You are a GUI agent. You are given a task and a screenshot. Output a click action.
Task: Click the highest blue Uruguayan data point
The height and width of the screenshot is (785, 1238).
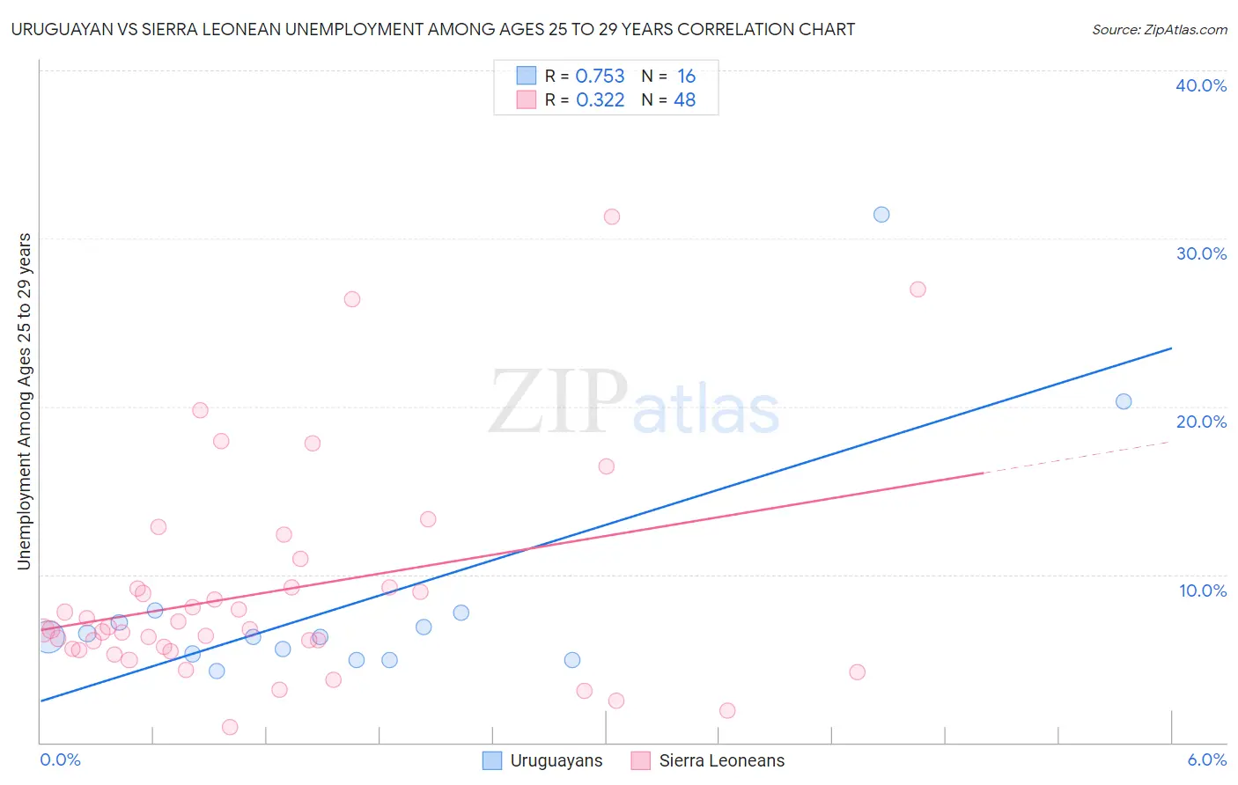coord(881,215)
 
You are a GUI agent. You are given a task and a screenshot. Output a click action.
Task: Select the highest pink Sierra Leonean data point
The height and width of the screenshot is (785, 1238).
coord(612,216)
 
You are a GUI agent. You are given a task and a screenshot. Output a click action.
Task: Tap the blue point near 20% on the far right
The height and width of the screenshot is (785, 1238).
coord(1124,401)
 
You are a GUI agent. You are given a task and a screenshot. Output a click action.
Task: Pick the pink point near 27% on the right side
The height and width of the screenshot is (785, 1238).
coord(917,290)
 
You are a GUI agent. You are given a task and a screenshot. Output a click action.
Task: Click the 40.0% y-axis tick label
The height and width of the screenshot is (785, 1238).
coord(1201,85)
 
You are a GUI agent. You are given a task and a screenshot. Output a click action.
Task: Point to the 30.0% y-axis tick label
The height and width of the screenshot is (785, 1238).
coord(1201,253)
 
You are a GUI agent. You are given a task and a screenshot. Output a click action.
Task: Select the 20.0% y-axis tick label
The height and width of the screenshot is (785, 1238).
coord(1201,422)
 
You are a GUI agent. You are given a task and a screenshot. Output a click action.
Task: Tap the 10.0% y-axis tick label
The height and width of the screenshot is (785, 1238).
coord(1203,591)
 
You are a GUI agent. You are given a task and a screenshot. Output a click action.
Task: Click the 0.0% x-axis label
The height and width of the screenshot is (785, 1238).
coord(61,759)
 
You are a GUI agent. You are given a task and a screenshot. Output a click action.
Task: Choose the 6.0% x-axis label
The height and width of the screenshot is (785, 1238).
coord(1207,759)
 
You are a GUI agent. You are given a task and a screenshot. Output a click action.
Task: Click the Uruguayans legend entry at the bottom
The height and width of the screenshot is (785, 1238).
coord(543,760)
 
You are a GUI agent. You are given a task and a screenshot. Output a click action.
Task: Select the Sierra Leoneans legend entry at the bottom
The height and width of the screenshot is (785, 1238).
coord(708,760)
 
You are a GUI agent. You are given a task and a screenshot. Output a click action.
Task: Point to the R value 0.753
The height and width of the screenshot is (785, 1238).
coord(600,77)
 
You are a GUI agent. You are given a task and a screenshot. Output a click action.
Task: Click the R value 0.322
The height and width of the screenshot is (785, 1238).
coord(600,100)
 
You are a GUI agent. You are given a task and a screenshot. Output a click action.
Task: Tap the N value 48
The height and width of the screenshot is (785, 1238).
coord(684,100)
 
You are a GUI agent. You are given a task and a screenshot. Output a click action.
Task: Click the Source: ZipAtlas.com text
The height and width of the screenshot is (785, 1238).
coord(1159,30)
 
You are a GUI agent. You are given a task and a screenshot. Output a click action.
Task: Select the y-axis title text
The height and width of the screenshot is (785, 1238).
coord(24,401)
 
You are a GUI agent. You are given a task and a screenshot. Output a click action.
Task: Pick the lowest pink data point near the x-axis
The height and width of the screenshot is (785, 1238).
coord(230,727)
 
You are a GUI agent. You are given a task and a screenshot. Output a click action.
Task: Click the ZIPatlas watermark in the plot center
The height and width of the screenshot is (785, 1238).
coord(634,403)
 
